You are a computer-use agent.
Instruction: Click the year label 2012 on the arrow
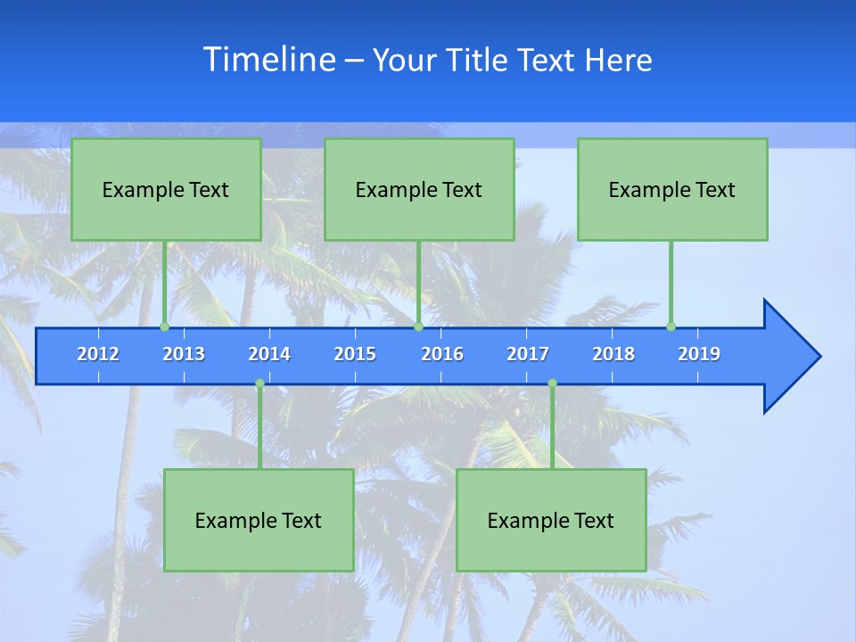point(98,354)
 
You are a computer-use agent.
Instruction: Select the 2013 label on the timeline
point(184,354)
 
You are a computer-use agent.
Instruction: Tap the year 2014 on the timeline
point(269,354)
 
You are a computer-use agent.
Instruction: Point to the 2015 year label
point(355,354)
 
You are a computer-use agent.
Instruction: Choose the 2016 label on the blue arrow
point(442,354)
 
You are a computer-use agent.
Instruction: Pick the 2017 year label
point(528,354)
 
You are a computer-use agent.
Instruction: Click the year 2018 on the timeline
point(613,354)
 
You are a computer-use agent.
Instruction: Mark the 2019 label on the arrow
point(699,354)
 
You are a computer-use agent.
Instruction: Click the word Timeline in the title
point(269,60)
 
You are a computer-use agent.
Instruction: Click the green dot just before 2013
point(164,326)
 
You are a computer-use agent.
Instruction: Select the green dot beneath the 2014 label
point(259,383)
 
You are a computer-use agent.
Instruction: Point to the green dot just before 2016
point(418,326)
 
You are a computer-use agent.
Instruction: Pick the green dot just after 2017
point(552,383)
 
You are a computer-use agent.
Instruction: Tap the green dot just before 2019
point(671,326)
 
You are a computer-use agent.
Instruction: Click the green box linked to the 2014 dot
point(259,520)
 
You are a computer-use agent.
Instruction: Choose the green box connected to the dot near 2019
point(672,189)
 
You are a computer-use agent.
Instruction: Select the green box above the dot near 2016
point(419,189)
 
